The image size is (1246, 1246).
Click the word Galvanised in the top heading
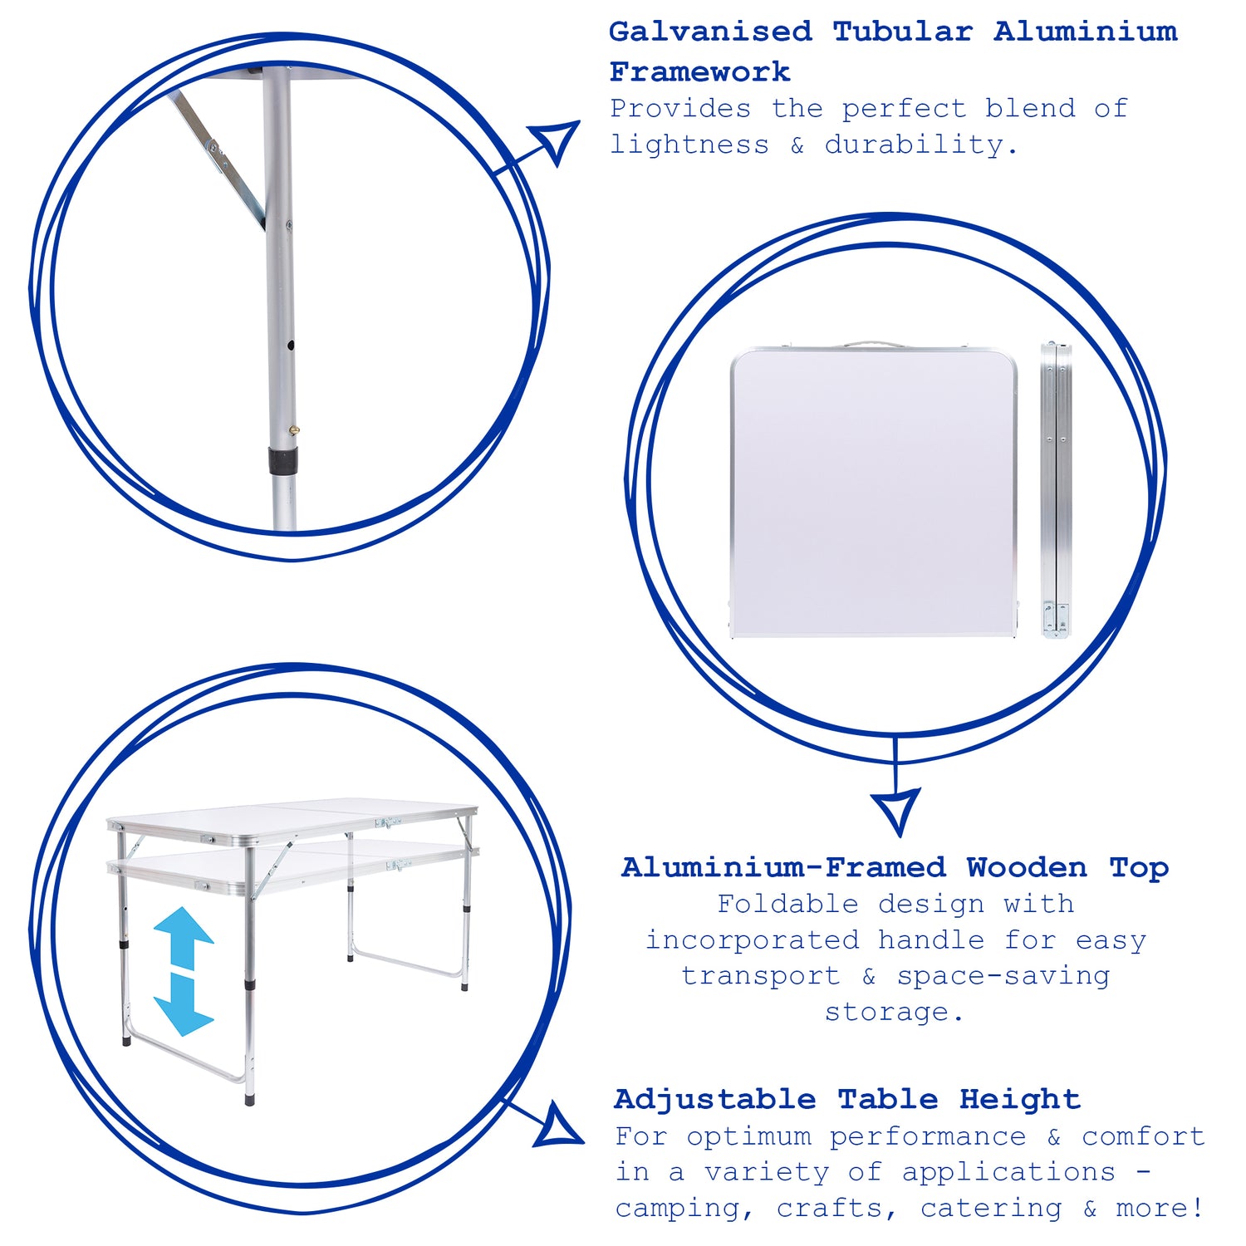click(x=710, y=32)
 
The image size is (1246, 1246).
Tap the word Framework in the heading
click(x=699, y=71)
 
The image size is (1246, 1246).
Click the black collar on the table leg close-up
click(x=282, y=461)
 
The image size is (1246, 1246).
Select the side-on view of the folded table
click(x=1057, y=489)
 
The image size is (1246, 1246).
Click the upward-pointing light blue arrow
click(x=184, y=938)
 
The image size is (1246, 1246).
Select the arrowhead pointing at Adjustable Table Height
click(x=560, y=1127)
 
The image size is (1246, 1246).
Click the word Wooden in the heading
click(x=1027, y=867)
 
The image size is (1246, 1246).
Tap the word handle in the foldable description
click(x=931, y=939)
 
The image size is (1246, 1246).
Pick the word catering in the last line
click(x=991, y=1208)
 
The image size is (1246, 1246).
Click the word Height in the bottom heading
click(x=1020, y=1099)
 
